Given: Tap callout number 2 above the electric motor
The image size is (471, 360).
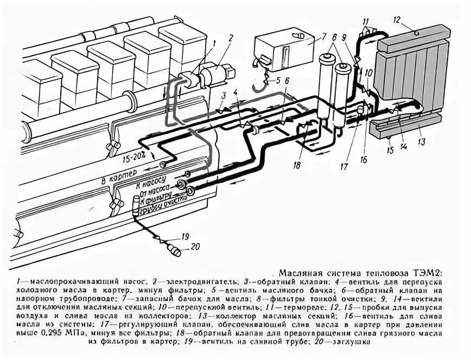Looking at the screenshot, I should [230, 38].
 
